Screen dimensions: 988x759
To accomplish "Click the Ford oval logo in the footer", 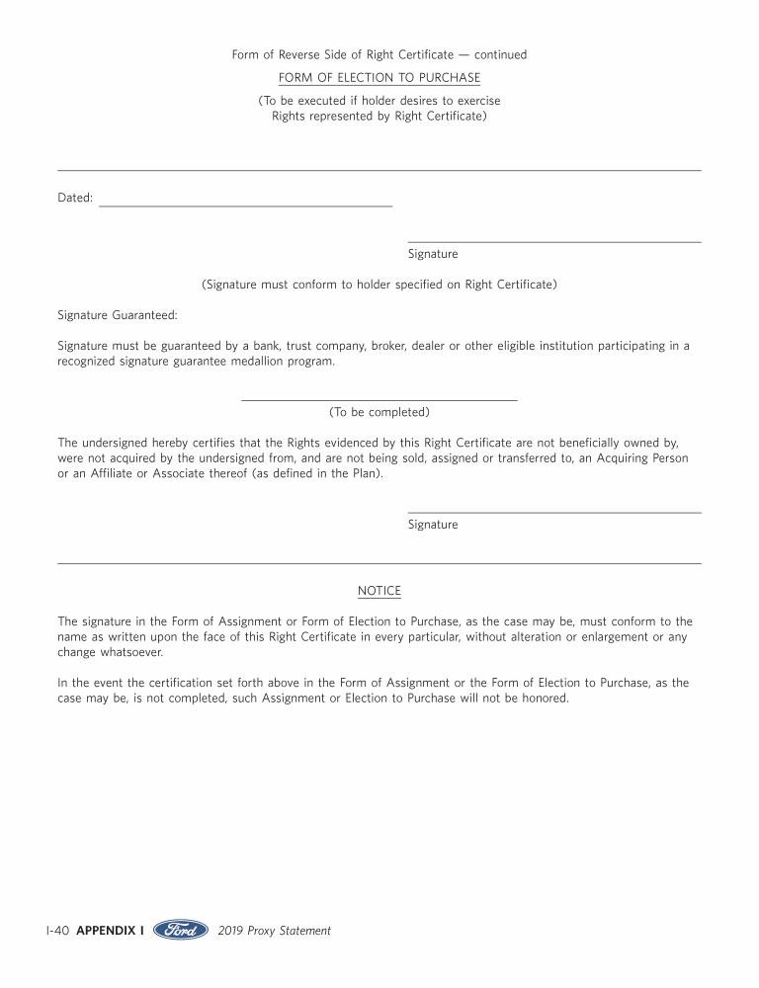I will tap(181, 930).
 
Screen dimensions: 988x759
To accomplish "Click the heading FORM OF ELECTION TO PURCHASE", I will tap(379, 78).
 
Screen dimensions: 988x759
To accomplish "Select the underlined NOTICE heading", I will tap(379, 591).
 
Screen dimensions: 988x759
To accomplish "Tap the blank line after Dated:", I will tap(245, 204).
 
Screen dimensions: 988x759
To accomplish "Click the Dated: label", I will tap(75, 198).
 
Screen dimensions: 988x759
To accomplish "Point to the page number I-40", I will tap(56, 931).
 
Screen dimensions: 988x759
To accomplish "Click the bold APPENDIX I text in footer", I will tap(110, 931).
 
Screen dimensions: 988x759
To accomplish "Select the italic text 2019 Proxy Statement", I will tap(274, 931).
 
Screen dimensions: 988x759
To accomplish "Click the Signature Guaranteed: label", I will tap(118, 315).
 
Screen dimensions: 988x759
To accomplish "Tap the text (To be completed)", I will tap(379, 412).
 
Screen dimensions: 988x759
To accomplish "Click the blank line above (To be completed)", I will tap(379, 399).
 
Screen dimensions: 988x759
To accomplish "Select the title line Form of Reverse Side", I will tap(343, 54).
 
